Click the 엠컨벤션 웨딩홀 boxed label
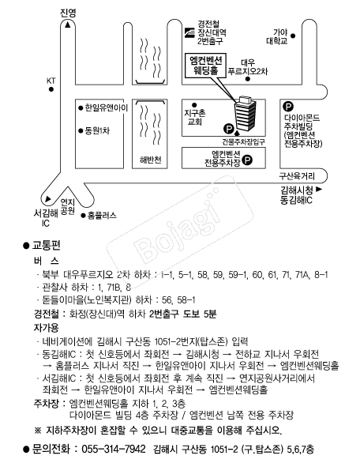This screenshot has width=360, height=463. click(205, 66)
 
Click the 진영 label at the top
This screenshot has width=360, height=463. click(68, 13)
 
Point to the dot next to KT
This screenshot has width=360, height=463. click(51, 89)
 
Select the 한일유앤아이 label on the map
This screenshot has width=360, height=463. click(107, 107)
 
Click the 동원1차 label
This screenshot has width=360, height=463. click(97, 130)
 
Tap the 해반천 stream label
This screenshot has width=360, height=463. click(151, 160)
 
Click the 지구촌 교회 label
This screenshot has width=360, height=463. click(195, 117)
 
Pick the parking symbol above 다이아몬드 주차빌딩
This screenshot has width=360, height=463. click(288, 107)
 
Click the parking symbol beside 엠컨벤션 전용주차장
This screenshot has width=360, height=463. click(247, 160)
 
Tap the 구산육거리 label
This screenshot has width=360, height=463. click(297, 176)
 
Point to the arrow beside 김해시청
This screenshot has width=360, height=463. click(319, 189)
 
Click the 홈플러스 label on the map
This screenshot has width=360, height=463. click(102, 216)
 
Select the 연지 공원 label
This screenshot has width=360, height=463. click(68, 206)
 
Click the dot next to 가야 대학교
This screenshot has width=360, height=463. click(293, 36)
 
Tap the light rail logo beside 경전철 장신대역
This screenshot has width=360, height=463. click(189, 32)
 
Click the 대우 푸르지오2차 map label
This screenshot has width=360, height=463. click(248, 67)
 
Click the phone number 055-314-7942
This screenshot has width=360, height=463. click(114, 449)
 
